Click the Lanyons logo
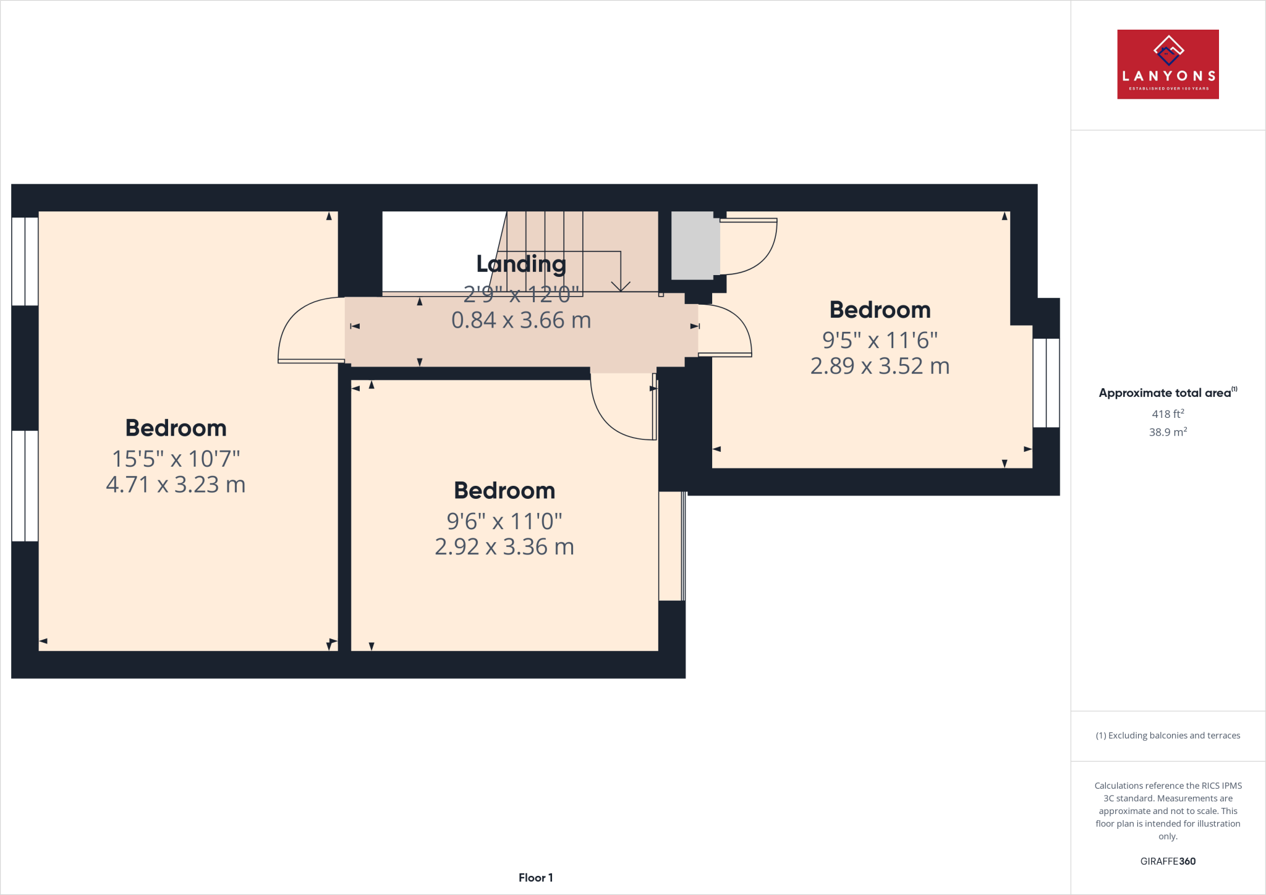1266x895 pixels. pyautogui.click(x=1168, y=64)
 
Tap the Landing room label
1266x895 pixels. pyautogui.click(x=521, y=264)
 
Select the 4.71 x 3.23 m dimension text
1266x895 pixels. pyautogui.click(x=176, y=485)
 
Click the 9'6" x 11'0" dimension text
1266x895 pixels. pyautogui.click(x=504, y=521)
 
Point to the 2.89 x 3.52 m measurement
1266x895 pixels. pyautogui.click(x=880, y=366)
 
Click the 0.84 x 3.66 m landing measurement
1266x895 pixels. pyautogui.click(x=521, y=320)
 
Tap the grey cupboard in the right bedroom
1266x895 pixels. pyautogui.click(x=693, y=245)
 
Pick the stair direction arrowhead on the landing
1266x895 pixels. pyautogui.click(x=621, y=286)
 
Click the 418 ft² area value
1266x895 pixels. pyautogui.click(x=1168, y=414)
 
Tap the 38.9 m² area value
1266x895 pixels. pyautogui.click(x=1168, y=432)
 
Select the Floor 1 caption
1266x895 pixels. pyautogui.click(x=535, y=878)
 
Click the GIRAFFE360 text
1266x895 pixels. pyautogui.click(x=1168, y=861)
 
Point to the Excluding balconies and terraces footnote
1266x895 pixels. pyautogui.click(x=1168, y=736)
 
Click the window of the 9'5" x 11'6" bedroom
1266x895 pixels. pyautogui.click(x=1046, y=383)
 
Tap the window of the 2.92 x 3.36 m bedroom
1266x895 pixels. pyautogui.click(x=672, y=546)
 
